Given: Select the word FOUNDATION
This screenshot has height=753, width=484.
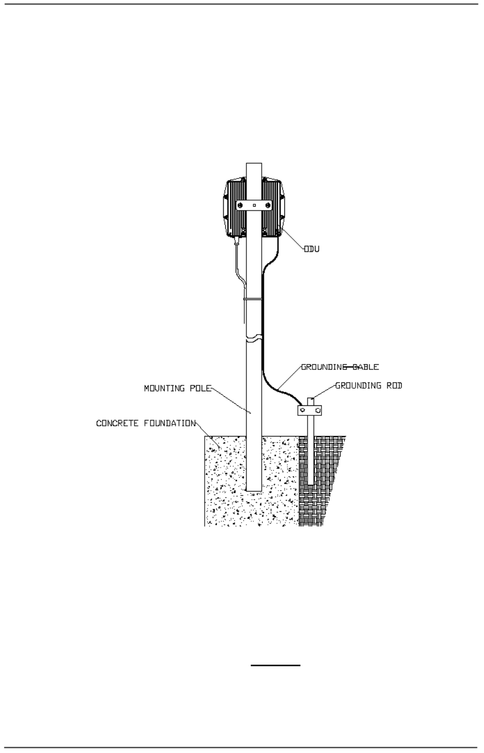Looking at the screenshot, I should pos(170,423).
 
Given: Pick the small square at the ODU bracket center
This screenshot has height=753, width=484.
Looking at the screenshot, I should pos(255,205).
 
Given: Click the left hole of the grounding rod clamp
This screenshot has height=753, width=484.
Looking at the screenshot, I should pos(302,410).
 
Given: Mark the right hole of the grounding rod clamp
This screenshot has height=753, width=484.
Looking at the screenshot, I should pos(316,410).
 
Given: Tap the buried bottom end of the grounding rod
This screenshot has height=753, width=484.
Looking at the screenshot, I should pos(309,484).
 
